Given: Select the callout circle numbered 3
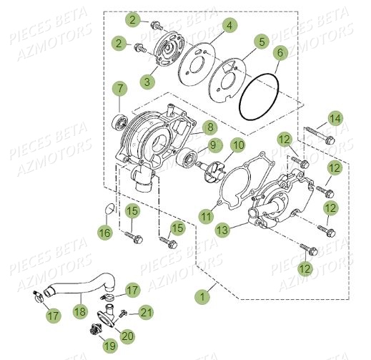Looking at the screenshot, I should [x=147, y=82].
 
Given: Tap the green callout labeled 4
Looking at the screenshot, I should [x=229, y=26].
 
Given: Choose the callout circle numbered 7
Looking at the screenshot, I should [x=119, y=89].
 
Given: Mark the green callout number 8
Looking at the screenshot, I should [x=209, y=128].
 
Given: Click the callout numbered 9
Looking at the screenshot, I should [x=212, y=146].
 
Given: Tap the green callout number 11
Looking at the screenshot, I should [x=207, y=215].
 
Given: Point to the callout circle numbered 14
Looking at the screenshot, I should [x=336, y=118].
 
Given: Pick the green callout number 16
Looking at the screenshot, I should [x=105, y=233].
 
